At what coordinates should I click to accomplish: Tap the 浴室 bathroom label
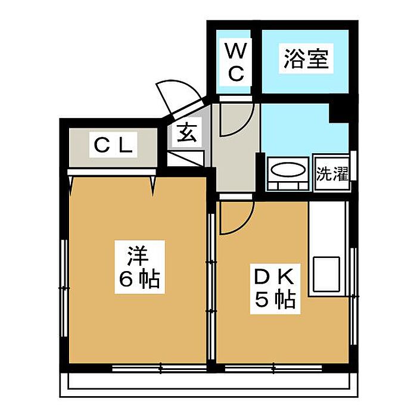306,58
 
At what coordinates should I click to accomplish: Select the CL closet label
113,145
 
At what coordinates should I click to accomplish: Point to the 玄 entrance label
187,133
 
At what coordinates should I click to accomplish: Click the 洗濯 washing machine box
332,173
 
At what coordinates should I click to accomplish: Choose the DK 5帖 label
275,289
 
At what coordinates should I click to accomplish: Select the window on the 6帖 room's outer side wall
64,288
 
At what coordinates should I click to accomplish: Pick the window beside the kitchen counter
354,296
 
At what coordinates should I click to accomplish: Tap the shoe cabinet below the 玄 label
186,159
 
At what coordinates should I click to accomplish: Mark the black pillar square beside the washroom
339,113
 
